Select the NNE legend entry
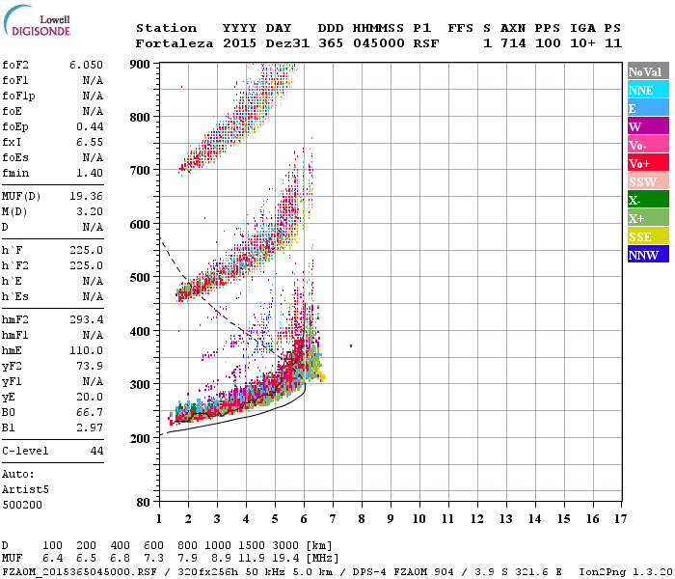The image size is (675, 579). pos(647,90)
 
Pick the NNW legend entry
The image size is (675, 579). pos(647,255)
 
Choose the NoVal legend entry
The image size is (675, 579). pos(647,71)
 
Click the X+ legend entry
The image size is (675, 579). pos(647,218)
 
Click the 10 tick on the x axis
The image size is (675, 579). pos(418,518)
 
